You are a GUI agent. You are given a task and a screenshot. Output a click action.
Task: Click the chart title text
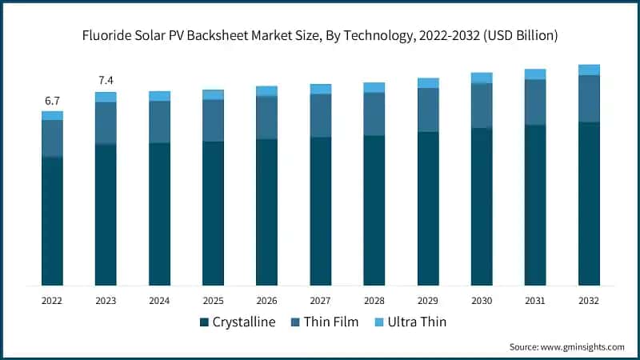tap(320, 36)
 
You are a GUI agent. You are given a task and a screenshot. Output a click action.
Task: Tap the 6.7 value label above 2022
tap(52, 101)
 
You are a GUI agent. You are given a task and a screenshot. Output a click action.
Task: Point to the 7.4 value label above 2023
tap(106, 82)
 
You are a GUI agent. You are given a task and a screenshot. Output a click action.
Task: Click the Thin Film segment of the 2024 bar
tap(159, 122)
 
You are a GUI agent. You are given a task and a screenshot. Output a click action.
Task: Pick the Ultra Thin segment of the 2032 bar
tap(589, 70)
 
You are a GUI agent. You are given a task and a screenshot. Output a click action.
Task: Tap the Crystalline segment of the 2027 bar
tap(321, 211)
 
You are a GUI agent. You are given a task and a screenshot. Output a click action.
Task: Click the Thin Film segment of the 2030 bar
tap(482, 106)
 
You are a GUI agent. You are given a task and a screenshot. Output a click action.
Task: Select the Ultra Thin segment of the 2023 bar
tap(106, 97)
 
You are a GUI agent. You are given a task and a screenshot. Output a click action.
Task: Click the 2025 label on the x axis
tap(213, 301)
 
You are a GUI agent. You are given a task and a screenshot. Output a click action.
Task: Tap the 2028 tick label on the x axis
tap(374, 301)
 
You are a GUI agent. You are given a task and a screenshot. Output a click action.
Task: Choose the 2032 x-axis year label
tap(589, 301)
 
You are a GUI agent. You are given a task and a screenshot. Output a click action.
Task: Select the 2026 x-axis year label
tap(266, 301)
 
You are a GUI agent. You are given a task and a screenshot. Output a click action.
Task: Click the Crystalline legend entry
tap(240, 322)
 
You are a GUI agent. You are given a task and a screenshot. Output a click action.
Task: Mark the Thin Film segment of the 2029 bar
tap(428, 110)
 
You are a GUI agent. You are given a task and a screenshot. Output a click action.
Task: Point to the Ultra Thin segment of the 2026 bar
tap(266, 91)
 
